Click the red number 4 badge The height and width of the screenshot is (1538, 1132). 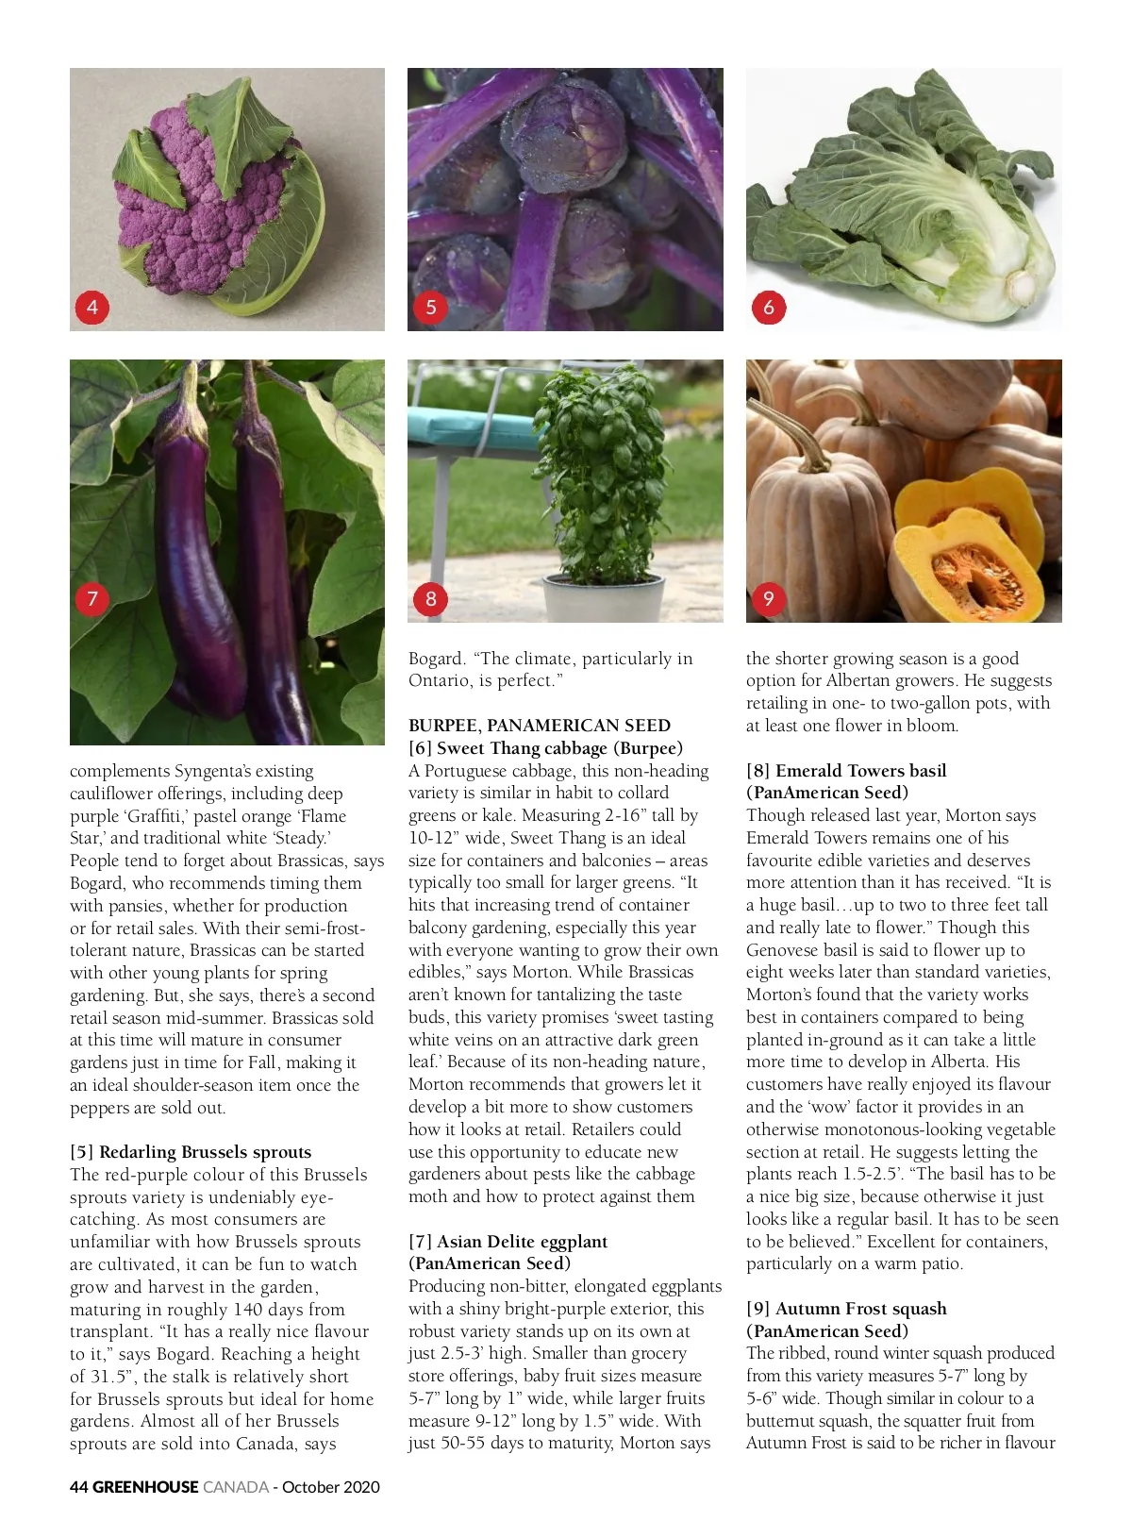tap(92, 307)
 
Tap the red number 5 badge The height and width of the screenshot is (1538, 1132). tap(430, 307)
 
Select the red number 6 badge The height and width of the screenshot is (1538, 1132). tap(768, 307)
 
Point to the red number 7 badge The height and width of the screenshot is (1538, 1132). tap(92, 598)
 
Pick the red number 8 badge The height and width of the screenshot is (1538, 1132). tap(430, 598)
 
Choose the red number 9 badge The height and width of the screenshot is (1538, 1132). tap(768, 598)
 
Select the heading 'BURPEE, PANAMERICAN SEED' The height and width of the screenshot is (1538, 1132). tap(539, 726)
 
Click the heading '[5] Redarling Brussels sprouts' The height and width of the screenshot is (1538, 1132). tap(191, 1152)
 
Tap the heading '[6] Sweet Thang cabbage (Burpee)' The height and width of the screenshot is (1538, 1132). tap(545, 748)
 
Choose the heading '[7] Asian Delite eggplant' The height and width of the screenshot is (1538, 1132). tap(508, 1242)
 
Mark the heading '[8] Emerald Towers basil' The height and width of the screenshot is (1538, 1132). tap(846, 771)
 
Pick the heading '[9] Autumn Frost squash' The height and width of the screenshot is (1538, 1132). tap(846, 1309)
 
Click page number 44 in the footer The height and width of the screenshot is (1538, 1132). tap(79, 1487)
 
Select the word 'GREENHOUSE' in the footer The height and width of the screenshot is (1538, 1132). tap(146, 1487)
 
